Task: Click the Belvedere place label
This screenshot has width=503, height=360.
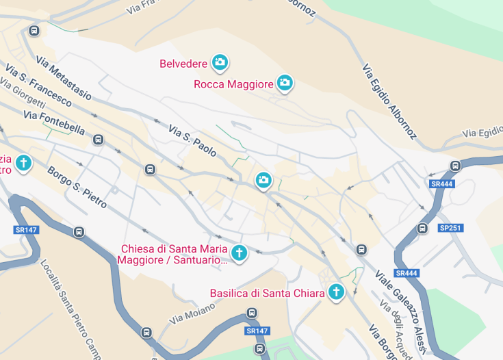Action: click(x=183, y=64)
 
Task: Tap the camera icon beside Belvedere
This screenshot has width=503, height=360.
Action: click(x=220, y=63)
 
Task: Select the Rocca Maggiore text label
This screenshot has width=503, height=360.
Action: click(x=233, y=84)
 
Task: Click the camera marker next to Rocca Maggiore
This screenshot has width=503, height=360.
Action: click(x=285, y=83)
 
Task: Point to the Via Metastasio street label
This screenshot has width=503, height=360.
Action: click(x=64, y=79)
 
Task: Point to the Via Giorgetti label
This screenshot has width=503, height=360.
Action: click(x=23, y=94)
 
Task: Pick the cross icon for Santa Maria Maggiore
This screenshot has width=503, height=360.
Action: click(x=239, y=253)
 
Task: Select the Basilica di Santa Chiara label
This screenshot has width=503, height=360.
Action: click(x=267, y=293)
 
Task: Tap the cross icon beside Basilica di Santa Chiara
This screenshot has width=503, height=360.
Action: click(x=336, y=292)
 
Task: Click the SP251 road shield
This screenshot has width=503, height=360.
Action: click(x=450, y=228)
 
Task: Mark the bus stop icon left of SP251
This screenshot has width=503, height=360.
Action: click(x=422, y=228)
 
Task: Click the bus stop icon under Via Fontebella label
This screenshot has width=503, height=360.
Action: click(x=98, y=140)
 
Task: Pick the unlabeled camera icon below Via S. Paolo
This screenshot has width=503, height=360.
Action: click(x=263, y=181)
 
